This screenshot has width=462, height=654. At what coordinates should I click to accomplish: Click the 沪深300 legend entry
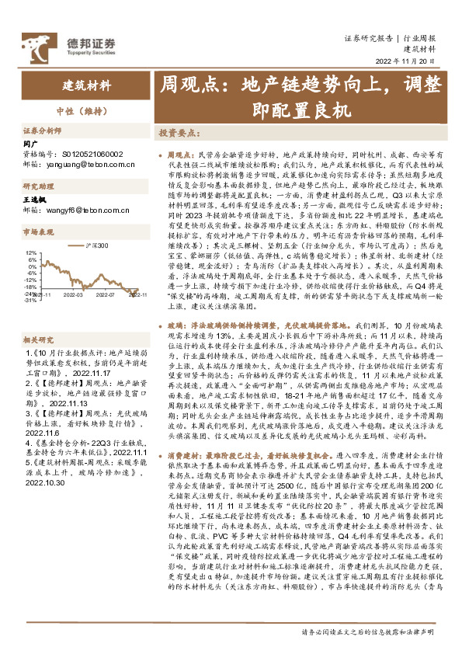[x=93, y=246]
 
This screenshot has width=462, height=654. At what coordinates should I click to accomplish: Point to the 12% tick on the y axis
[x=30, y=252]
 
